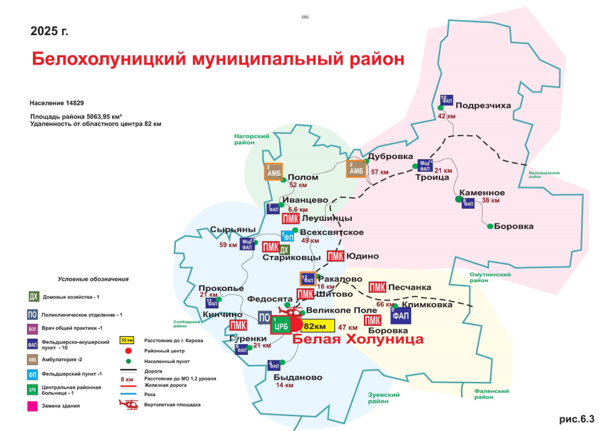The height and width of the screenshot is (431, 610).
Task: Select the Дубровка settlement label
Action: tap(391, 156)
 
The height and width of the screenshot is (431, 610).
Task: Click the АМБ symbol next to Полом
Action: tap(274, 172)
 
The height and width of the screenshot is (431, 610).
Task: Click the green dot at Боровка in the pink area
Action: tap(490, 226)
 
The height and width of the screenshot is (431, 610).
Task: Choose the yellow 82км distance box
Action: tap(314, 326)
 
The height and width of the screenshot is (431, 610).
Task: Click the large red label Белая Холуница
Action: tap(357, 339)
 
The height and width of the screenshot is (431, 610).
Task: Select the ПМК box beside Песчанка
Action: tap(377, 288)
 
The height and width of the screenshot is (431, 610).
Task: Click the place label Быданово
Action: tap(299, 377)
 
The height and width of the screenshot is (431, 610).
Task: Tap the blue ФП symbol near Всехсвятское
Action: tap(287, 236)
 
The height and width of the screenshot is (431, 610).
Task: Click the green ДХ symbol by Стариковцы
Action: tap(284, 251)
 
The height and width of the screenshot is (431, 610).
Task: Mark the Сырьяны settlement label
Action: tap(233, 229)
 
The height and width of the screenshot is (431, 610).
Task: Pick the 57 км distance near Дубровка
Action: tap(379, 172)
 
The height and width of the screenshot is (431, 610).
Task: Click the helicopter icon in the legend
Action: tap(128, 404)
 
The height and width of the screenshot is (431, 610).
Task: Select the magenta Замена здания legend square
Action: tap(32, 406)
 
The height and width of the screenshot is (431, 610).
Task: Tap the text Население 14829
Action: tap(57, 103)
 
